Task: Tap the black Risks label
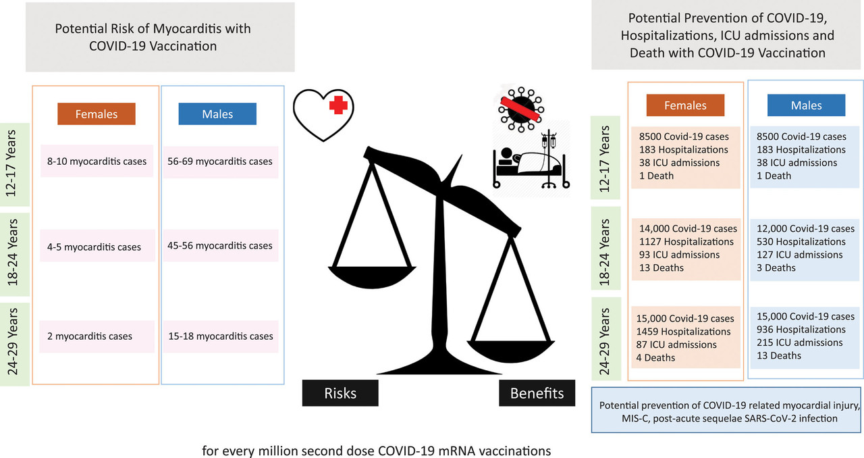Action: coord(340,392)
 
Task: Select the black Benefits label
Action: coord(537,392)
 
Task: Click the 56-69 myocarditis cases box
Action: coord(220,161)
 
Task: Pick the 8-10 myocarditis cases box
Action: coord(97,161)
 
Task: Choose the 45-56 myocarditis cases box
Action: coord(220,245)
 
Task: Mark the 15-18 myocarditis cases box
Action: coord(220,336)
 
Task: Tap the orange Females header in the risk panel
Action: coord(97,114)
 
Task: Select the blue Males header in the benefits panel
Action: coord(806,105)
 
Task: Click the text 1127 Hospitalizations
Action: coord(686,241)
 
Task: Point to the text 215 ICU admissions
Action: coord(794,342)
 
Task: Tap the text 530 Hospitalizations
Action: coord(799,241)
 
